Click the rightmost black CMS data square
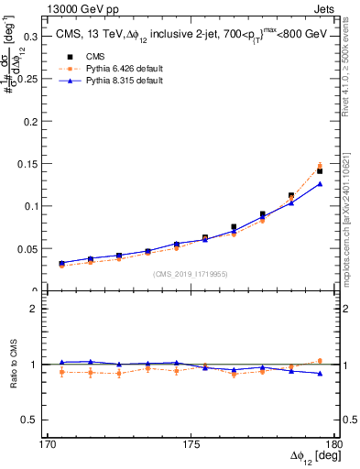coord(320,171)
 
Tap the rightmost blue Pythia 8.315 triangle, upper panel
coord(320,184)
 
